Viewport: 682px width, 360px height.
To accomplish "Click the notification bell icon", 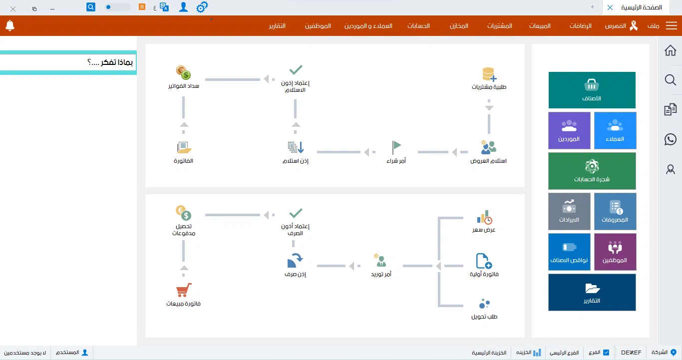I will pyautogui.click(x=10, y=25).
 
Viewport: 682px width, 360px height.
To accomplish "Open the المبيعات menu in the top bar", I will pyautogui.click(x=540, y=26).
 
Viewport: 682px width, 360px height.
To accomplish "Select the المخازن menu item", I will pyautogui.click(x=459, y=26).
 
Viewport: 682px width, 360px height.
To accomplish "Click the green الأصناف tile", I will pyautogui.click(x=592, y=90).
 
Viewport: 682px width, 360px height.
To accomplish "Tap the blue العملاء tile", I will pyautogui.click(x=615, y=130).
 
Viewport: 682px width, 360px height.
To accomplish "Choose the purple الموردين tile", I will pyautogui.click(x=569, y=130).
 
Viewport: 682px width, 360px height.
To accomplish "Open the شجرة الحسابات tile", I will pyautogui.click(x=592, y=171).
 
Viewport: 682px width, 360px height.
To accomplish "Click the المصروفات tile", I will pyautogui.click(x=615, y=211).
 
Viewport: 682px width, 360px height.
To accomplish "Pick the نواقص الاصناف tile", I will pyautogui.click(x=569, y=252).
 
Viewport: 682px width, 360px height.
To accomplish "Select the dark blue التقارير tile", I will pyautogui.click(x=592, y=292).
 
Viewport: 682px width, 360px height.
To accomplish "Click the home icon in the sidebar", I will pyautogui.click(x=671, y=50).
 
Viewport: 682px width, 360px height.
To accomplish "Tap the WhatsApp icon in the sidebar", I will pyautogui.click(x=671, y=139).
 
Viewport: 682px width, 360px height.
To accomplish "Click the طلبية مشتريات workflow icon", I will pyautogui.click(x=489, y=75).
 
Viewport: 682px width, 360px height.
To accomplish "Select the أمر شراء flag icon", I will pyautogui.click(x=396, y=147).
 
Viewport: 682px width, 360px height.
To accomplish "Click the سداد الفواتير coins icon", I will pyautogui.click(x=184, y=73).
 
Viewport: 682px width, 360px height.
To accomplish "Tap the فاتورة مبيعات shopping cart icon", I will pyautogui.click(x=184, y=291).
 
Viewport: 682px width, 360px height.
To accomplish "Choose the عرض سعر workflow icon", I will pyautogui.click(x=484, y=218).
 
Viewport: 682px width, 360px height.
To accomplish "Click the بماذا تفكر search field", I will pyautogui.click(x=68, y=63).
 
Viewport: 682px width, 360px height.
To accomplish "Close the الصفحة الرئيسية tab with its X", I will pyautogui.click(x=610, y=7).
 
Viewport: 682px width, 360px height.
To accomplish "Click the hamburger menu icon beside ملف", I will pyautogui.click(x=671, y=26).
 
